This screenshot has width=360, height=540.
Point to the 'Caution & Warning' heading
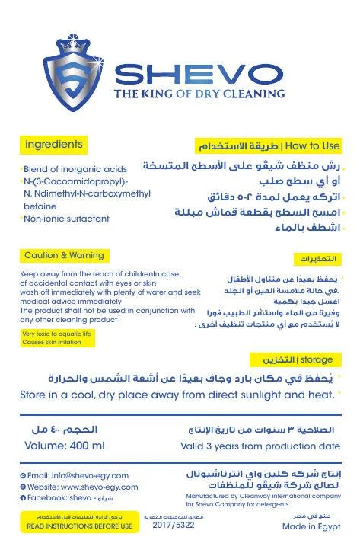point(62,255)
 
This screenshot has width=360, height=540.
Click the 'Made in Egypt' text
point(311,526)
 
